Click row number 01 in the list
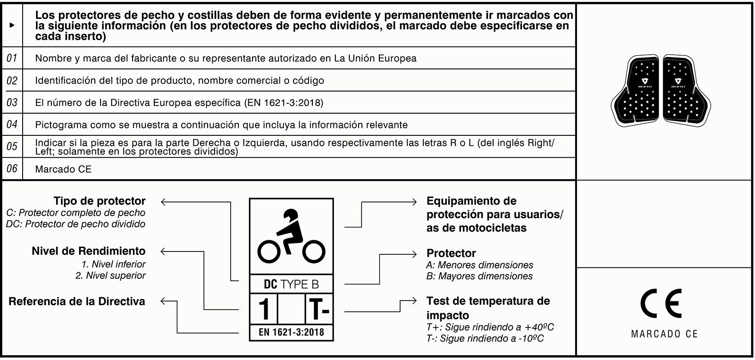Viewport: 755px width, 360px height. coord(12,58)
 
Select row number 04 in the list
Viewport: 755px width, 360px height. coord(12,125)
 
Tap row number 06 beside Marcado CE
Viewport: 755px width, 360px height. coord(12,168)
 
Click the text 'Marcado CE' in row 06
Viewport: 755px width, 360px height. coord(63,169)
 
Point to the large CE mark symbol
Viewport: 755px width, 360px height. coord(661,303)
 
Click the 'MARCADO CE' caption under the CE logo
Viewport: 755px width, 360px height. coord(664,334)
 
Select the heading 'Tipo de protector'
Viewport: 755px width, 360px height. coord(99,201)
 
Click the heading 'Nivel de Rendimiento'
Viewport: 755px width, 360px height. coord(88,251)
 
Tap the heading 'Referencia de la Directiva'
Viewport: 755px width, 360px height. coord(77,301)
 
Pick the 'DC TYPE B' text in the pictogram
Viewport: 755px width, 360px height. coord(291,284)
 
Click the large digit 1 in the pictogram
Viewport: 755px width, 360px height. coord(264,310)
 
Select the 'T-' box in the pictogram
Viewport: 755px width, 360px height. coord(319,310)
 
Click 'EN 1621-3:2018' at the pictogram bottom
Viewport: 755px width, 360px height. coord(291,332)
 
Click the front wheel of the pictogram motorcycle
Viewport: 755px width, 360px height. coord(314,252)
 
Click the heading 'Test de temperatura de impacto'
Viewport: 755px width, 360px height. coord(488,308)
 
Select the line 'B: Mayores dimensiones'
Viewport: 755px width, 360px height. coord(479,276)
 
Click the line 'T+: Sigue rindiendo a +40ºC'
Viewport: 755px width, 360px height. coord(490,327)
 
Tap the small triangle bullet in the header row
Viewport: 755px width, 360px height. coord(12,25)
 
